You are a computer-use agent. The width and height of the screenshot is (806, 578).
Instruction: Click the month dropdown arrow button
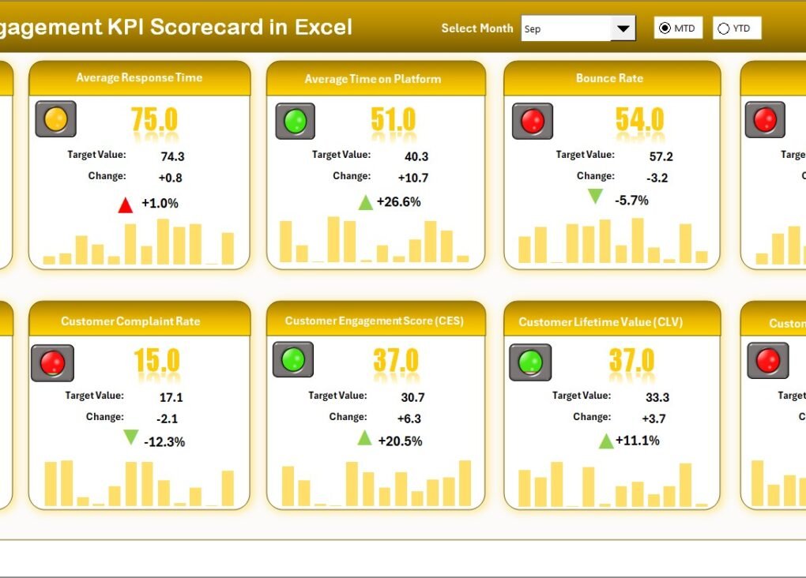pyautogui.click(x=623, y=29)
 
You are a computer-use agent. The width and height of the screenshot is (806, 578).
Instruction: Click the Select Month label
pyautogui.click(x=476, y=28)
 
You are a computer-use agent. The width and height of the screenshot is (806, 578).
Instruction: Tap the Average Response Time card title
pyautogui.click(x=139, y=78)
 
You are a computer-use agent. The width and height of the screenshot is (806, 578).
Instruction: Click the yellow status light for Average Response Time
pyautogui.click(x=56, y=119)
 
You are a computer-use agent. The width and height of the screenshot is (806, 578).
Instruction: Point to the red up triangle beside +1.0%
pyautogui.click(x=125, y=205)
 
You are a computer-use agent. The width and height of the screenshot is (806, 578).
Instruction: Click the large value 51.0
pyautogui.click(x=393, y=119)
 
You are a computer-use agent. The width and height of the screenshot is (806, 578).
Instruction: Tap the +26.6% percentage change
pyautogui.click(x=398, y=202)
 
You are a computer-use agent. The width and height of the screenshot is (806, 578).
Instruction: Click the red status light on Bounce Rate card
pyautogui.click(x=533, y=122)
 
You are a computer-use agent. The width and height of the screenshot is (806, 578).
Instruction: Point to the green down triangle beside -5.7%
pyautogui.click(x=595, y=196)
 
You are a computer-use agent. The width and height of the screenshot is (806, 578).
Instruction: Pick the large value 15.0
pyautogui.click(x=156, y=361)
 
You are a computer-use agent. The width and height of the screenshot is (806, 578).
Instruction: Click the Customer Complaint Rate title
pyautogui.click(x=130, y=321)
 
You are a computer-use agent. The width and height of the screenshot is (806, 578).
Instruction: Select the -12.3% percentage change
pyautogui.click(x=164, y=442)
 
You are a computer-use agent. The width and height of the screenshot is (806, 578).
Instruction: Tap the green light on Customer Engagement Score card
pyautogui.click(x=293, y=359)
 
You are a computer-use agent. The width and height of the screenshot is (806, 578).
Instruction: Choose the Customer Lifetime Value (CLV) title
pyautogui.click(x=601, y=322)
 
